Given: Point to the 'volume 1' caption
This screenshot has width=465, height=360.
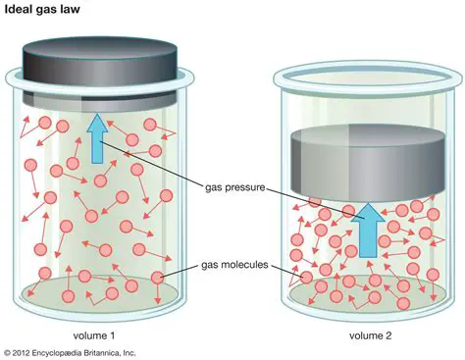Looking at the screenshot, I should [94, 334].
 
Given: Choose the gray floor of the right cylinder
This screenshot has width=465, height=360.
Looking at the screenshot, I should [363, 289].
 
